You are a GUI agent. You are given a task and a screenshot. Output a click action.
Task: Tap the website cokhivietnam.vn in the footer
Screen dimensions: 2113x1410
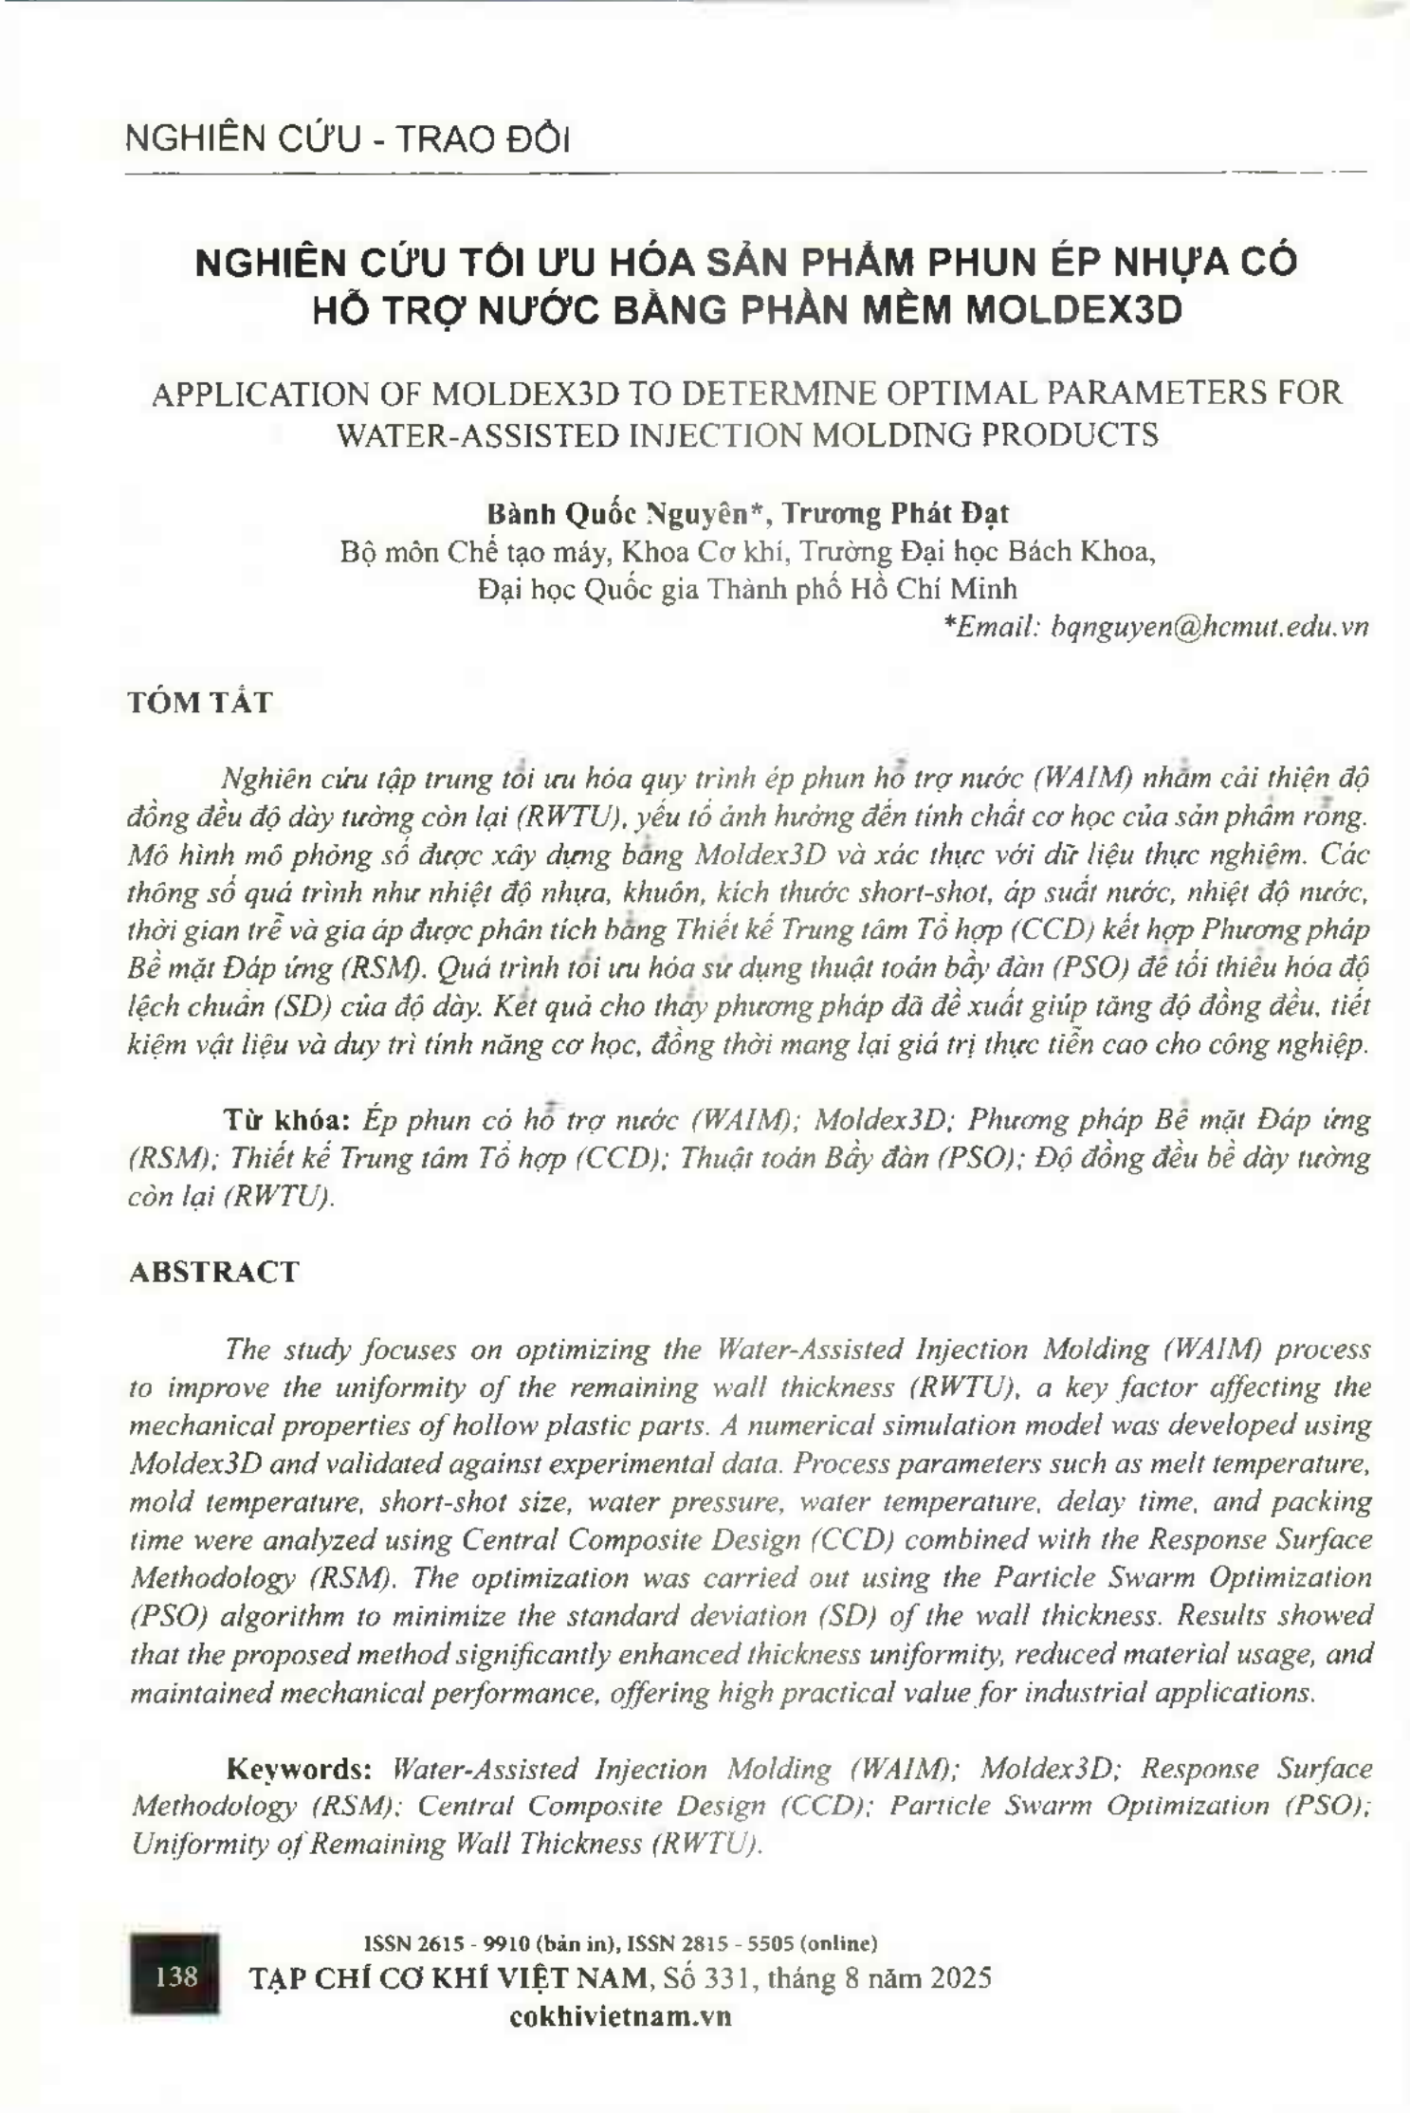[620, 2015]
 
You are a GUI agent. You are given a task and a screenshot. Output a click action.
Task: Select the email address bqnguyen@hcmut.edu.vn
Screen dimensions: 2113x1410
[1209, 627]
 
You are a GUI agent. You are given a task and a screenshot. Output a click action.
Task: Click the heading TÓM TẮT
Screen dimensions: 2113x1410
[200, 703]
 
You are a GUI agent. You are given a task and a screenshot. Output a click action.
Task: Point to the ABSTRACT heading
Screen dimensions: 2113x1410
[213, 1272]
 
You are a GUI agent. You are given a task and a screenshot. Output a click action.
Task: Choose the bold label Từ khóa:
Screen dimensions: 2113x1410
[288, 1120]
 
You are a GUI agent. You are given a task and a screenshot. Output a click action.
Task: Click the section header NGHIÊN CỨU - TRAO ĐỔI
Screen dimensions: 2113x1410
[347, 139]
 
